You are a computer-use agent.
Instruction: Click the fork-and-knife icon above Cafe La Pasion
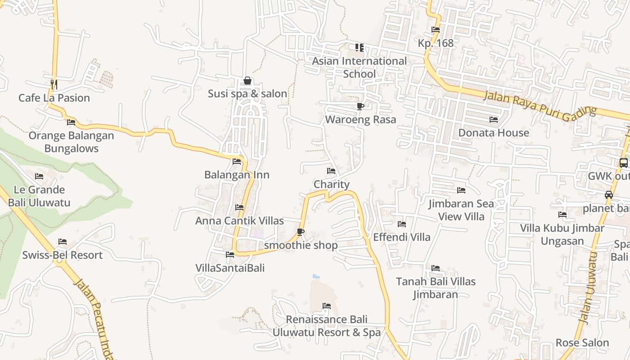click(x=54, y=84)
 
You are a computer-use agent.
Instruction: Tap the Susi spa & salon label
click(x=247, y=94)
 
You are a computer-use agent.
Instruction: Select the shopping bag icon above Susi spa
click(x=247, y=81)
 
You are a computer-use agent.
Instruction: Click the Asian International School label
click(x=359, y=67)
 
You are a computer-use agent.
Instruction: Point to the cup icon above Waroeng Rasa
click(x=360, y=106)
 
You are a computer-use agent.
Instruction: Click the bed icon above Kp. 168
click(x=435, y=30)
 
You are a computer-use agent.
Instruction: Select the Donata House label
click(x=493, y=133)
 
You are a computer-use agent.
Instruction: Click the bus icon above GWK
click(x=623, y=163)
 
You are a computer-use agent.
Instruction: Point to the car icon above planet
click(x=608, y=195)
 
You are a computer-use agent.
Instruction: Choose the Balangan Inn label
click(x=237, y=175)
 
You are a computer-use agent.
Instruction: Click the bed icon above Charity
click(x=331, y=171)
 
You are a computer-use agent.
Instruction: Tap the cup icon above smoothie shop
click(x=300, y=232)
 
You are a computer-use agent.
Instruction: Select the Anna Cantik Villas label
click(x=239, y=220)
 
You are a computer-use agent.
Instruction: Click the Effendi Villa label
click(x=402, y=237)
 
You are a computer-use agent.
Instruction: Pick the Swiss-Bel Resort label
click(x=63, y=255)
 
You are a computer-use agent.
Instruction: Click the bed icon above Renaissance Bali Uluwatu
click(x=327, y=306)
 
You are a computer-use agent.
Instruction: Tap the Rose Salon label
click(x=582, y=342)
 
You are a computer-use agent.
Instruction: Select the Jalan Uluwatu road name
click(x=589, y=288)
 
